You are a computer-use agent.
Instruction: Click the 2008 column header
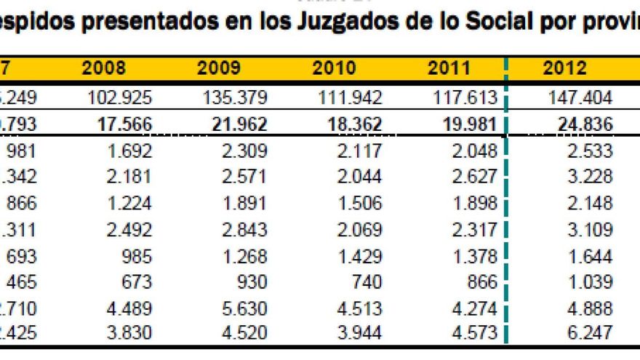pyautogui.click(x=104, y=68)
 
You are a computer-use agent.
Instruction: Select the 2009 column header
pyautogui.click(x=218, y=68)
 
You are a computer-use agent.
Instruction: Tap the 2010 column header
pyautogui.click(x=334, y=68)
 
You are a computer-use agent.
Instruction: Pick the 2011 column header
pyautogui.click(x=449, y=68)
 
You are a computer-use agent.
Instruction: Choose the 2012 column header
pyautogui.click(x=564, y=68)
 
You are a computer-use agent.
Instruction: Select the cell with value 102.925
pyautogui.click(x=121, y=98)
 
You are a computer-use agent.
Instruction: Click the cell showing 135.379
pyautogui.click(x=236, y=98)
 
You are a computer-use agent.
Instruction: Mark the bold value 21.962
pyautogui.click(x=236, y=125)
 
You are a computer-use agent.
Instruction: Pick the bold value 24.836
pyautogui.click(x=582, y=125)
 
